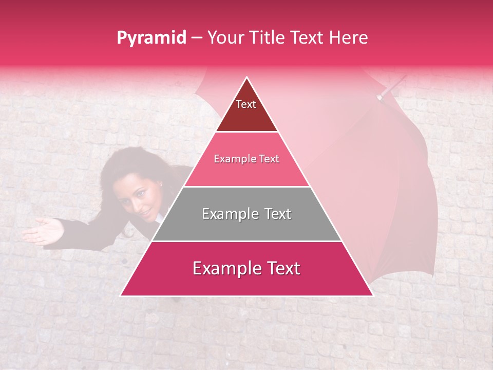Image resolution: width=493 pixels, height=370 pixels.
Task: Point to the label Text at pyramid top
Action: click(x=246, y=104)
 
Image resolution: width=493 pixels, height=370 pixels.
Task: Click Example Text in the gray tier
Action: click(x=246, y=214)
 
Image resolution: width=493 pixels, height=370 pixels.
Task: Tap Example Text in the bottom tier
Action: click(x=246, y=268)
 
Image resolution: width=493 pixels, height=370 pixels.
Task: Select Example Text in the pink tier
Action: click(x=246, y=159)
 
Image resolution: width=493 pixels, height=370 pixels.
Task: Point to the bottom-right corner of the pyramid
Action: click(x=373, y=295)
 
